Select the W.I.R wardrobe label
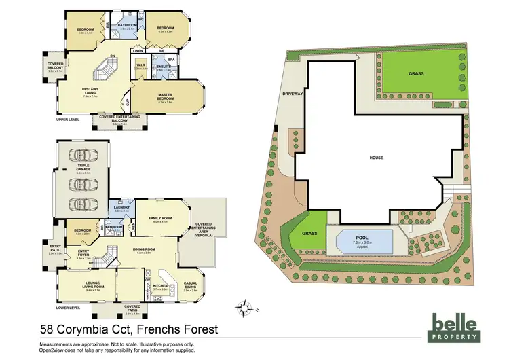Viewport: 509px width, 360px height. coord(140,66)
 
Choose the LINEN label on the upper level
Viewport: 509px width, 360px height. coord(138,51)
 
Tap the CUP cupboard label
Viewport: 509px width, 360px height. coord(127,103)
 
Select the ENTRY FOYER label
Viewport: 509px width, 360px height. coord(83,255)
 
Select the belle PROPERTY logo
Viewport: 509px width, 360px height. coord(457,327)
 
